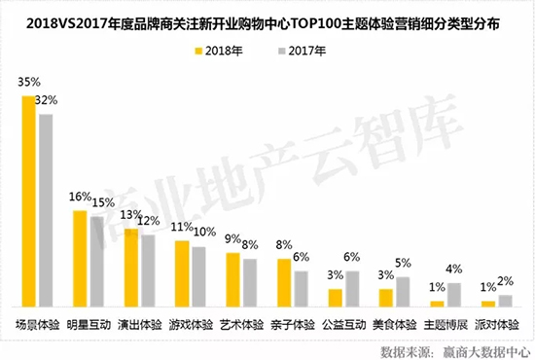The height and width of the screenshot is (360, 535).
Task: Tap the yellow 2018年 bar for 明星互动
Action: click(x=80, y=259)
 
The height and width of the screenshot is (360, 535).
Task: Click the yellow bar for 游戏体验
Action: click(x=182, y=273)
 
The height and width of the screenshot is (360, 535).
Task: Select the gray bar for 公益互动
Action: click(x=352, y=289)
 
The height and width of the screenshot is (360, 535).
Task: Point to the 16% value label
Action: click(x=80, y=198)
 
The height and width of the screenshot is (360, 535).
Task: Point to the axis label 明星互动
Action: click(x=89, y=324)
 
